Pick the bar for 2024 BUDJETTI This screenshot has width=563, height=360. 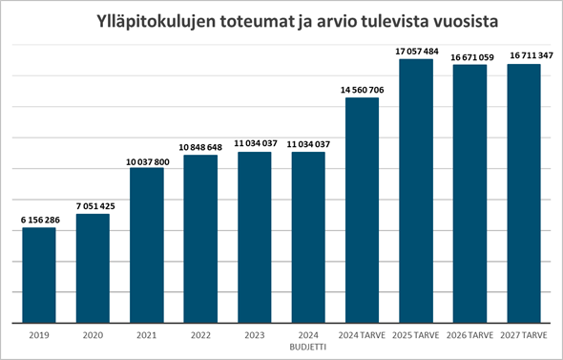(x=308, y=238)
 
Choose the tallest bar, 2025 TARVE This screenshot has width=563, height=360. (x=416, y=191)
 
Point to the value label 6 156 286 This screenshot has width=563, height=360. (x=39, y=220)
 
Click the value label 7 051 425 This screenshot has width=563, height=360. (x=93, y=205)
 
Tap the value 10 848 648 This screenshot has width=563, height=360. (x=200, y=147)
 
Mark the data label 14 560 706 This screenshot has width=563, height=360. (x=363, y=90)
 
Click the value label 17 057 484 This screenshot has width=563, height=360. (x=416, y=52)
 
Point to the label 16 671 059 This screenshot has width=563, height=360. (x=470, y=57)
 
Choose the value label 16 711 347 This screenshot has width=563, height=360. (x=524, y=57)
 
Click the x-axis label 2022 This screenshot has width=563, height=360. (x=200, y=336)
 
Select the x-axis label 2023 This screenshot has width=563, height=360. (x=255, y=336)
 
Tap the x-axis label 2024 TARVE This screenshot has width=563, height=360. (x=363, y=336)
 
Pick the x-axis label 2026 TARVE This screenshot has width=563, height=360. (x=470, y=336)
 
